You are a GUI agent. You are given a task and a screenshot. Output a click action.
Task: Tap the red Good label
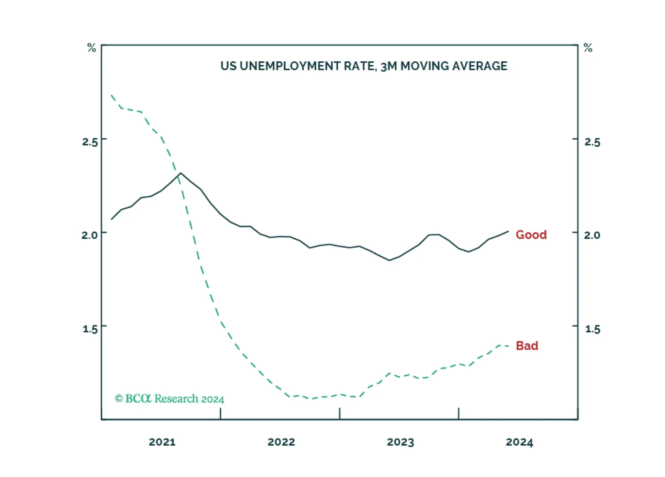(x=531, y=235)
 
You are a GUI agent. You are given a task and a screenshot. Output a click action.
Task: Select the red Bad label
(x=527, y=345)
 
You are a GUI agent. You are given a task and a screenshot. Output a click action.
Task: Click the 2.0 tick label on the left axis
(x=90, y=235)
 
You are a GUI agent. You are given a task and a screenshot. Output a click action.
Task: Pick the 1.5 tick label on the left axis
(x=90, y=329)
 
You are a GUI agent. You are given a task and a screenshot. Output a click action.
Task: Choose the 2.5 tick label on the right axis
(x=592, y=142)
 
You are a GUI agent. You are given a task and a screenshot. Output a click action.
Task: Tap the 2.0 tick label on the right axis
(x=592, y=235)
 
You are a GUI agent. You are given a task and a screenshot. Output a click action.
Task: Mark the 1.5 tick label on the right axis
(x=592, y=329)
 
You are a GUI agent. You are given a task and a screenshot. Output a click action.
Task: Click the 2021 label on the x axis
(x=162, y=442)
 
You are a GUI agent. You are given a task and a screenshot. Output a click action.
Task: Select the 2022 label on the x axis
(x=281, y=442)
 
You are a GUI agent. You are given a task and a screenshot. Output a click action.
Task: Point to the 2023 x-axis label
(x=400, y=442)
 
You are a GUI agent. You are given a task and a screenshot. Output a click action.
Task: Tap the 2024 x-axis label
(x=520, y=442)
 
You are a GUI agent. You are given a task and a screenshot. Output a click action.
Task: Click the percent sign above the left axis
(x=92, y=48)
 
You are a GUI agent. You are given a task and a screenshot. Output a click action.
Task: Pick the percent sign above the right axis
(x=588, y=48)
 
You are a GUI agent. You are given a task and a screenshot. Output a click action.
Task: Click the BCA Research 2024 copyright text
(x=170, y=399)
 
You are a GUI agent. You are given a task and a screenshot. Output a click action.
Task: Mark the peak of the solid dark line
(x=180, y=173)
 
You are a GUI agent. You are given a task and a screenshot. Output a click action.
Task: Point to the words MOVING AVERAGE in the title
(x=454, y=66)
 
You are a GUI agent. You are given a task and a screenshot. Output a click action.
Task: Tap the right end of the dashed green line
(x=509, y=346)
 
